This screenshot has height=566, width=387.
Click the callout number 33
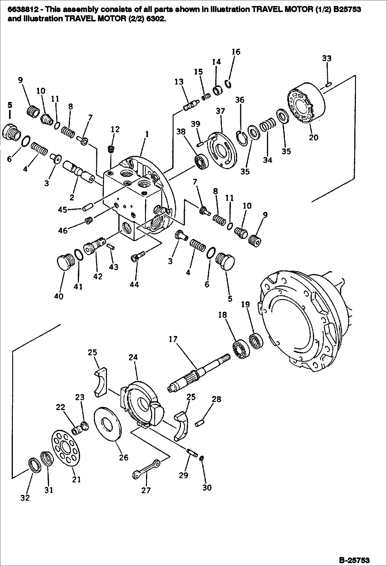(x=327, y=59)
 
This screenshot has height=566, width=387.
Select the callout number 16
(x=236, y=52)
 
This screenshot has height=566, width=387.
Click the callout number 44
(x=134, y=284)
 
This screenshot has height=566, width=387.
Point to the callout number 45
(x=63, y=210)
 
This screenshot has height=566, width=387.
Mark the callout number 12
(x=115, y=129)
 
